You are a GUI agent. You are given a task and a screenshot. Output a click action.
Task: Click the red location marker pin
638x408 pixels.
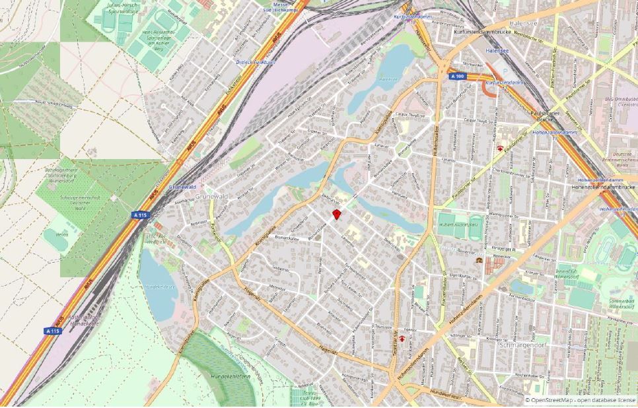click(x=336, y=214)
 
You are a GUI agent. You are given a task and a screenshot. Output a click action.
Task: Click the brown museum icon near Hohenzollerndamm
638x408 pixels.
click(x=478, y=261)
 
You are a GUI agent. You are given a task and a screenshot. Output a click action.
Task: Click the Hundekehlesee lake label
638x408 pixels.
click(x=160, y=287)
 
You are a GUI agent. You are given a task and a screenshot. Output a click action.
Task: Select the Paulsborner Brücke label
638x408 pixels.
click(x=538, y=116)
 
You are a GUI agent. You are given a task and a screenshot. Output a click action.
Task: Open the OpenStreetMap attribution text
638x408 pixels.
click(x=580, y=400)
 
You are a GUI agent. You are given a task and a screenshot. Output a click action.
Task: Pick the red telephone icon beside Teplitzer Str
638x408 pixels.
click(x=402, y=339)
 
